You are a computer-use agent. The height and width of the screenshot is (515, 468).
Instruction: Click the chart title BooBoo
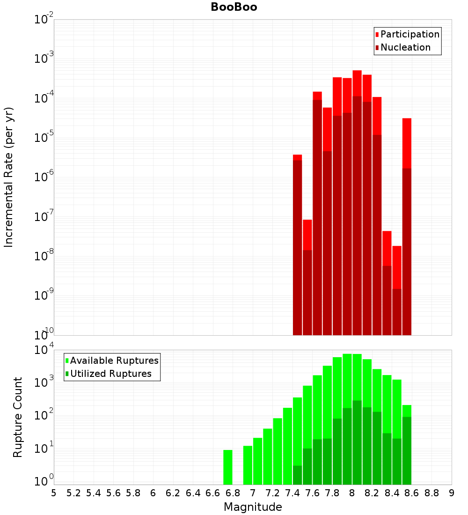click(x=234, y=7)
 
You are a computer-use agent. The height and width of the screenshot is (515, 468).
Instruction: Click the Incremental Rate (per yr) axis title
click(x=9, y=177)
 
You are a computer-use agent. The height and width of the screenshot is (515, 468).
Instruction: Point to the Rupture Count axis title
click(x=18, y=417)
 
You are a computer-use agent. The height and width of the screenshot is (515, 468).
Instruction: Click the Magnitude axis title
click(x=253, y=507)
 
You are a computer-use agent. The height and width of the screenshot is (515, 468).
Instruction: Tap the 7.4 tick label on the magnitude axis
click(x=292, y=493)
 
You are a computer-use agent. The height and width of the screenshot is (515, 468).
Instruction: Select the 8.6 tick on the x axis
click(x=412, y=493)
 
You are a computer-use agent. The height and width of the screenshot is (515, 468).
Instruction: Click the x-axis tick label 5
click(x=54, y=493)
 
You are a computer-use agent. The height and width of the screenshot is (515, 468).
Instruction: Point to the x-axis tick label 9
click(x=452, y=493)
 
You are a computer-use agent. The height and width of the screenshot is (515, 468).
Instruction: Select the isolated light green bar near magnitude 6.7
click(x=228, y=467)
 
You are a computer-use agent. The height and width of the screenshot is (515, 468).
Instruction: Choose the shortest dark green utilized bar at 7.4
click(x=297, y=475)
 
